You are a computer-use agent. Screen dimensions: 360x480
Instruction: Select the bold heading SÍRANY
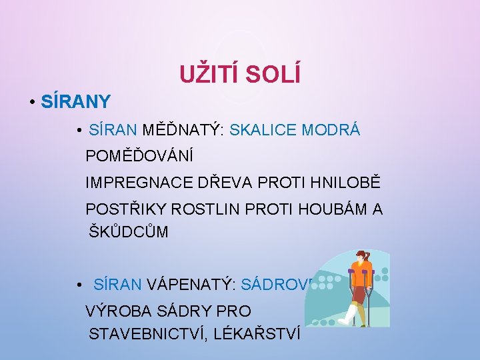click(x=75, y=102)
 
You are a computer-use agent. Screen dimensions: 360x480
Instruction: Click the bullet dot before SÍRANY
click(x=32, y=103)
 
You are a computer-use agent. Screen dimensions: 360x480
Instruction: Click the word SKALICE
click(x=263, y=130)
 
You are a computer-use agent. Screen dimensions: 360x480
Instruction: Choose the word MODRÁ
click(x=331, y=130)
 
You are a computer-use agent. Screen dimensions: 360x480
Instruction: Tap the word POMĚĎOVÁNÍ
click(x=139, y=157)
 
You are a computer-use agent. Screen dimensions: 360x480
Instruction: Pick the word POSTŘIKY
click(x=126, y=209)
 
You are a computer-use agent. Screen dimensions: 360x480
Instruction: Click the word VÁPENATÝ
click(x=191, y=285)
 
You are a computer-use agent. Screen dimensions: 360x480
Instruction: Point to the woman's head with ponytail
click(x=364, y=257)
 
